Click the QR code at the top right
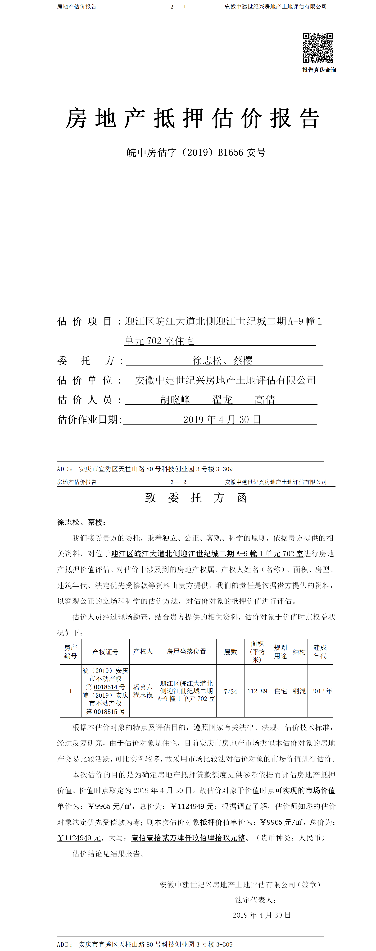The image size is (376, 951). click(318, 48)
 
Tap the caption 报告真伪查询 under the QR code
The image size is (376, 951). click(319, 70)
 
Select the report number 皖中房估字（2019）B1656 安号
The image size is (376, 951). click(196, 152)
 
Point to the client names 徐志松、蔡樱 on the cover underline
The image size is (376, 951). click(222, 360)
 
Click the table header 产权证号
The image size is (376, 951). click(105, 652)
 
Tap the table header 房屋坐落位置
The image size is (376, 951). click(186, 652)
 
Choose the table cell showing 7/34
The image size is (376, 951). click(230, 691)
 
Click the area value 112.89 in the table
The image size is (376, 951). click(257, 691)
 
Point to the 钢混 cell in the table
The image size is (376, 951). click(299, 691)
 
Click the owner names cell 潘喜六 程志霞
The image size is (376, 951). click(143, 691)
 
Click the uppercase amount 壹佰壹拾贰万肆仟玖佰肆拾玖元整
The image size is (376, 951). click(188, 838)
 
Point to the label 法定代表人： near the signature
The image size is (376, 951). click(256, 900)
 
